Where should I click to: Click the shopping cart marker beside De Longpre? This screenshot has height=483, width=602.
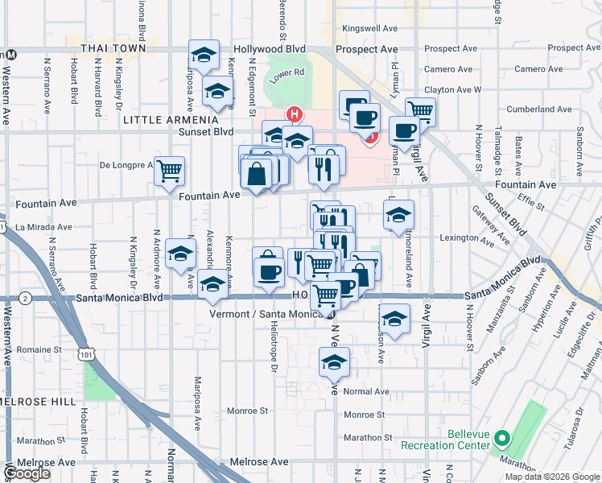tap(169, 170)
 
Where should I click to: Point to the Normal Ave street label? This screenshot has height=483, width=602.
tap(365, 392)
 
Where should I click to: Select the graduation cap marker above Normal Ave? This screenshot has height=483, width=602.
tap(334, 361)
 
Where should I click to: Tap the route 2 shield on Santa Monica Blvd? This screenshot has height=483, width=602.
tap(27, 299)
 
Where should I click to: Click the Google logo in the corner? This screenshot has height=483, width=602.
tap(27, 473)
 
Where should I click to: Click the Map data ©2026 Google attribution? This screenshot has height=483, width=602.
tap(552, 477)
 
